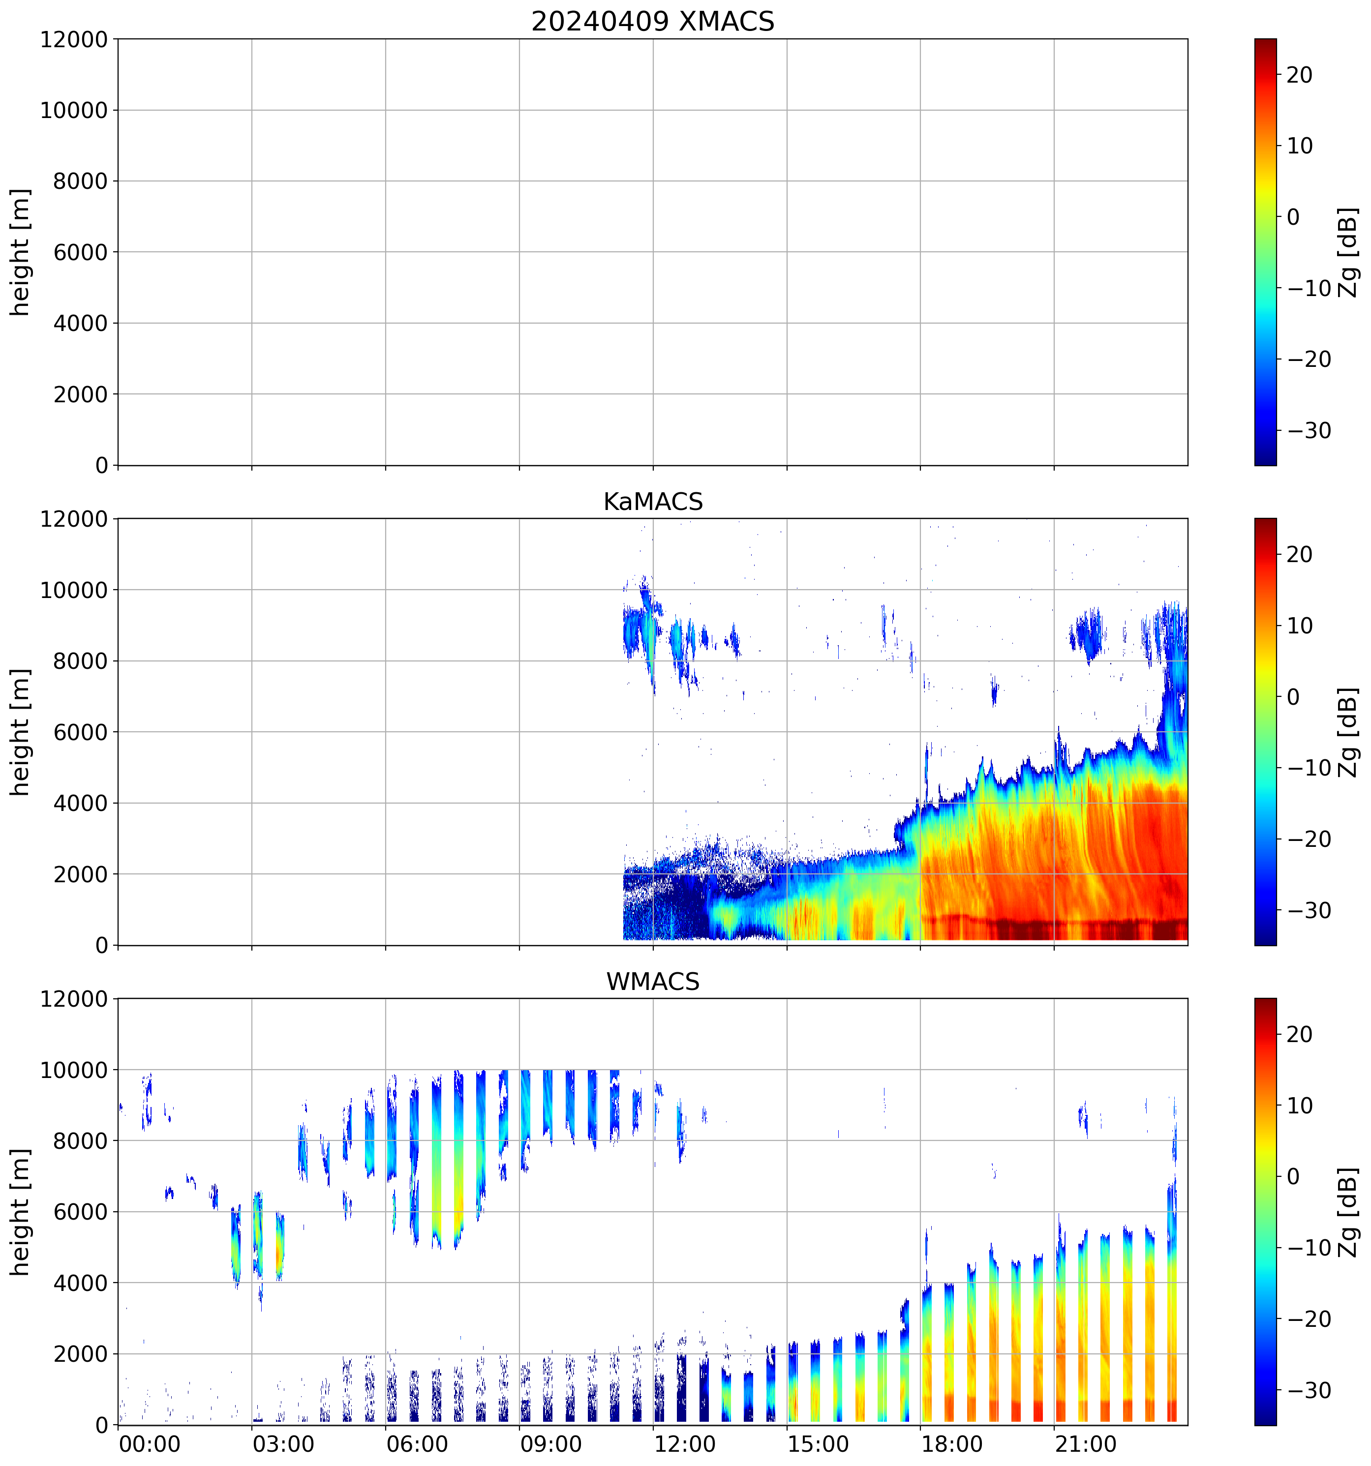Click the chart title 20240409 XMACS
[x=653, y=21]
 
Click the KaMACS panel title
[x=653, y=502]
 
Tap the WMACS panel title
[x=653, y=982]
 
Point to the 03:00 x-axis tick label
[x=283, y=1444]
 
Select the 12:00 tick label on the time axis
[x=684, y=1444]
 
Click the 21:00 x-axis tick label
[x=1086, y=1444]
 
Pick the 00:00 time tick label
[x=150, y=1444]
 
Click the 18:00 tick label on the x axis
[x=952, y=1444]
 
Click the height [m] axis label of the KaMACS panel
[x=21, y=732]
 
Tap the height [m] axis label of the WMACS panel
[x=21, y=1212]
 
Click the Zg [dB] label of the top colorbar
[x=1348, y=252]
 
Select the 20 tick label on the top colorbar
[x=1300, y=75]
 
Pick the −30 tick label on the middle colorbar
[x=1309, y=910]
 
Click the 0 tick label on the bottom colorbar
[x=1293, y=1177]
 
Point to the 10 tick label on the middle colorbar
[x=1300, y=626]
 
